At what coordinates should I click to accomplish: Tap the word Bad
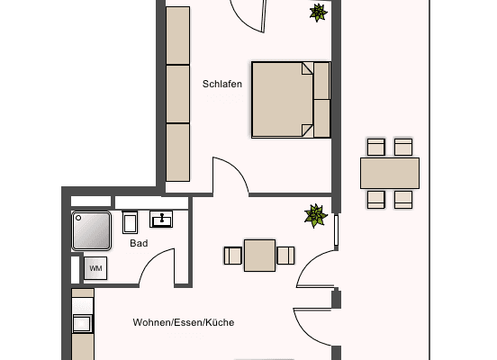(139, 243)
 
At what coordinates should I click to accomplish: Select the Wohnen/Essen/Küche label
(183, 322)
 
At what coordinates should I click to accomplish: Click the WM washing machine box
(95, 267)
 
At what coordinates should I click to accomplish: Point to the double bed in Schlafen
(290, 99)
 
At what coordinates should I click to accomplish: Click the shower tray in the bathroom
(92, 230)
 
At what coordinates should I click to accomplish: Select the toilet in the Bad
(130, 222)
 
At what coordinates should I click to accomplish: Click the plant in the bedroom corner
(317, 13)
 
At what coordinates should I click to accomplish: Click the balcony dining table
(389, 172)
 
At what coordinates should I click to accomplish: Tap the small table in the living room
(260, 255)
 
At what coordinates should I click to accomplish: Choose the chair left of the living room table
(233, 255)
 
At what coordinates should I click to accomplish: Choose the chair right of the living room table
(285, 255)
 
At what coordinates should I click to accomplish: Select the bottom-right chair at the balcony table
(402, 198)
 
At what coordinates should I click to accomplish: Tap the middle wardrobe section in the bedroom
(179, 93)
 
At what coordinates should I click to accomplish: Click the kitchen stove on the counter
(83, 324)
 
